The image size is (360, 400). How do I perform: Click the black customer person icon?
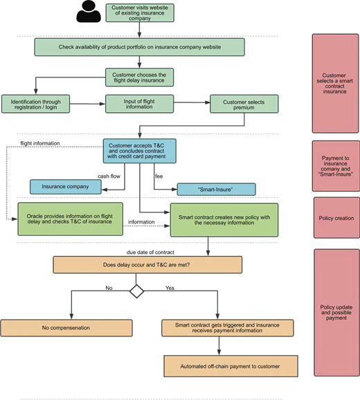89,12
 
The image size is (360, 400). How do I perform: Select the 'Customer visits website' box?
140,12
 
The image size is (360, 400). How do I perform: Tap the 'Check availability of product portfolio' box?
140,47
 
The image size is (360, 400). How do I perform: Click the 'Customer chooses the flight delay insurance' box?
140,78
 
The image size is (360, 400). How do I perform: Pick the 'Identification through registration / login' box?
36,104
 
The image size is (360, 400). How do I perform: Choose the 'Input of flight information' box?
140,104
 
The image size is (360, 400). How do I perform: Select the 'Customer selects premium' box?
244,104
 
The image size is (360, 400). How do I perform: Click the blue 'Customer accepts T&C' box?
140,151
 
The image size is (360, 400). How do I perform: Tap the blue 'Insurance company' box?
66,187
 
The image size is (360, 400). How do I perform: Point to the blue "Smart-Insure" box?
217,190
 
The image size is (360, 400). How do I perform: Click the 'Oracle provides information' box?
70,219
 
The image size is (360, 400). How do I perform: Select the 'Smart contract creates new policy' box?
224,220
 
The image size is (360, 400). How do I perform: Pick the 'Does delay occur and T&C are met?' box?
147,265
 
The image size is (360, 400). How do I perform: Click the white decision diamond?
137,291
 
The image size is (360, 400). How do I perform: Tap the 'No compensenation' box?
66,328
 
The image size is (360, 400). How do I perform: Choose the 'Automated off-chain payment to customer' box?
231,366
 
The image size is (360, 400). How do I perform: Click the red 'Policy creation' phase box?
336,218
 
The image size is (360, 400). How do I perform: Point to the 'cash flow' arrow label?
109,176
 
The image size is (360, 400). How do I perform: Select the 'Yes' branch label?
170,288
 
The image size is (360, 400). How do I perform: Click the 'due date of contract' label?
150,253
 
